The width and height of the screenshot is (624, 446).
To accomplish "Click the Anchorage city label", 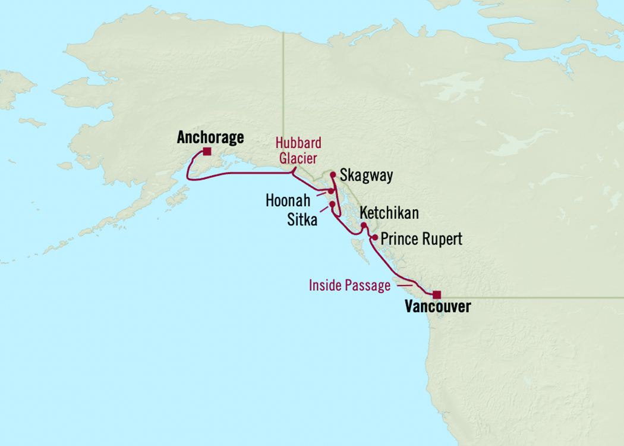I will (x=210, y=137).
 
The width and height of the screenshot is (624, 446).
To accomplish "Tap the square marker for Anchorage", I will (x=206, y=152).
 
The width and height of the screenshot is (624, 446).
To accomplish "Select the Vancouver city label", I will (x=437, y=307).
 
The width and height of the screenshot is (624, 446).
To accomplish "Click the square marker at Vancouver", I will (x=437, y=294).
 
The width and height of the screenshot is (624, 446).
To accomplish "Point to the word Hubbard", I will (x=299, y=143).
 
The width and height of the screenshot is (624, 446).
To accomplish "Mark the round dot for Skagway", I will (x=333, y=175).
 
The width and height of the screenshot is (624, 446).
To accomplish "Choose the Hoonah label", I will (x=288, y=201).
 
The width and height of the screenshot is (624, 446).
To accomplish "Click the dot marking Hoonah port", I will (x=331, y=191).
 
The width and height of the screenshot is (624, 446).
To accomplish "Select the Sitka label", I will (x=301, y=221).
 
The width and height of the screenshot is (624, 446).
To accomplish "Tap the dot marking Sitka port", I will (x=332, y=205).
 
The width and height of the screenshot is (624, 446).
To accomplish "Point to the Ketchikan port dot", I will (x=363, y=225).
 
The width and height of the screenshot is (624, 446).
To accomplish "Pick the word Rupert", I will (x=443, y=239).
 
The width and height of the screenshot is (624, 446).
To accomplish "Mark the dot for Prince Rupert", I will (x=374, y=237).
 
